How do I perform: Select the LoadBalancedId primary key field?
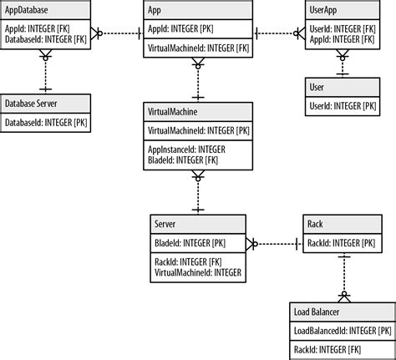coord(343,330)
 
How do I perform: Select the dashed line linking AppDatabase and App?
coord(117,33)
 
